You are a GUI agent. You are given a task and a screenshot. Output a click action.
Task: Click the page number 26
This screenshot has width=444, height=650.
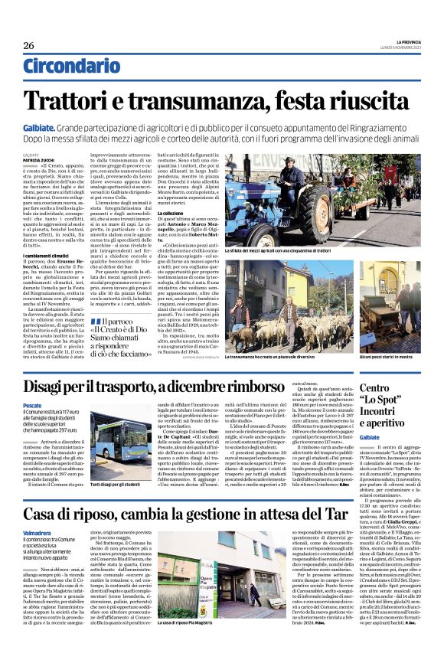tap(28, 45)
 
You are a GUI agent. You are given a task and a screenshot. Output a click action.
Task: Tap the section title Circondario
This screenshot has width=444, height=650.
tap(71, 66)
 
